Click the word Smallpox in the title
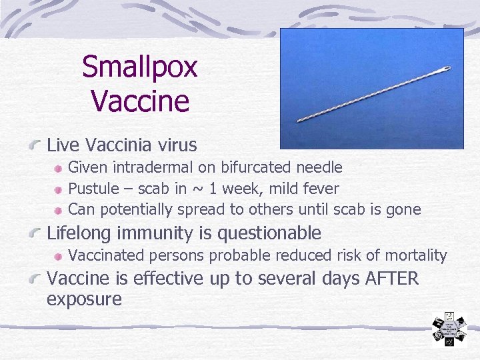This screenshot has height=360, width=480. (140, 68)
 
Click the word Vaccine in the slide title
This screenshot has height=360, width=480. (140, 101)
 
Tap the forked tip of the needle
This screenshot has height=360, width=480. (446, 69)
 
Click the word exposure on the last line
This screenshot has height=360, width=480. (84, 299)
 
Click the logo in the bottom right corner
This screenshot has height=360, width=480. (448, 331)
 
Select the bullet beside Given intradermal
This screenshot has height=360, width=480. (59, 168)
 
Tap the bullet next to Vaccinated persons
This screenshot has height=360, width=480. (59, 255)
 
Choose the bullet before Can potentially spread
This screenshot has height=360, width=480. (59, 210)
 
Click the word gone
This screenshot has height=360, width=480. (404, 210)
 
